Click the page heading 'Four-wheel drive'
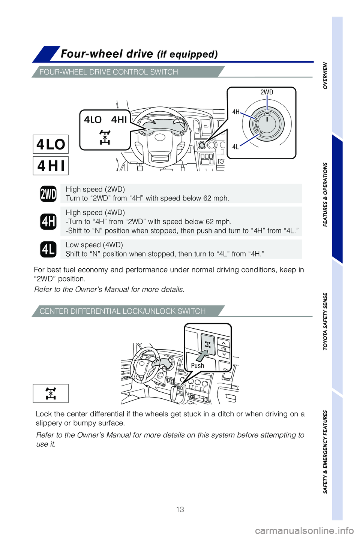[107, 54]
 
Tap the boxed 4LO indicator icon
[51, 144]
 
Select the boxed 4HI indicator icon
[51, 165]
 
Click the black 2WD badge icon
[48, 194]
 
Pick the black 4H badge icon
[48, 221]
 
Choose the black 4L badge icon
[48, 249]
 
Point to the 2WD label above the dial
[267, 92]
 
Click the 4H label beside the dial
[235, 112]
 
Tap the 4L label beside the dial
[235, 147]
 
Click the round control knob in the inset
[267, 123]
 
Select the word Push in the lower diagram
[198, 365]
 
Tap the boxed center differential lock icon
[51, 393]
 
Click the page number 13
[180, 509]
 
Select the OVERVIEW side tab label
[325, 75]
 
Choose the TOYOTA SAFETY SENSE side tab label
[325, 321]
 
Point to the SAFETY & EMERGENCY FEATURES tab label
[325, 452]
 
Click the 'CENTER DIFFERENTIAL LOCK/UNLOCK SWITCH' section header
[123, 311]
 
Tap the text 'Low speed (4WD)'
[94, 245]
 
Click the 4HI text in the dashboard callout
[119, 120]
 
